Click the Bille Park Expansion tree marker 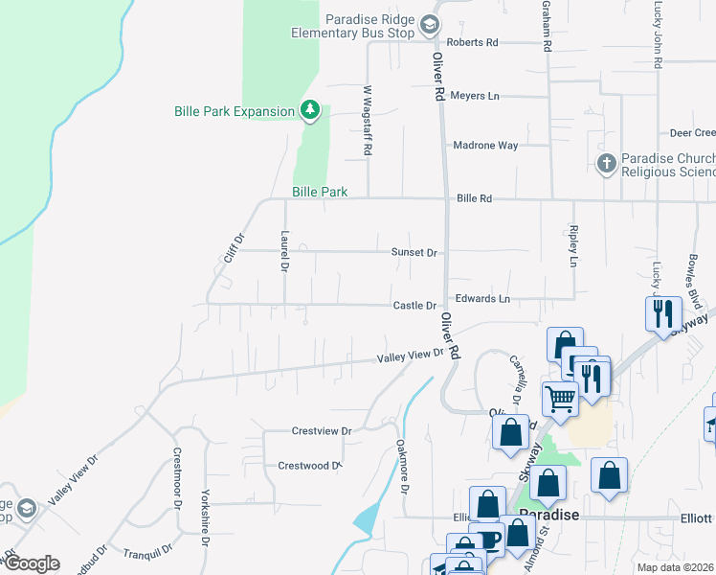pyautogui.click(x=309, y=111)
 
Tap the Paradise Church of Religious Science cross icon pyautogui.click(x=606, y=163)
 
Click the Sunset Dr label pyautogui.click(x=414, y=253)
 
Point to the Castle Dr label pyautogui.click(x=414, y=306)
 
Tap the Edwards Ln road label pyautogui.click(x=482, y=299)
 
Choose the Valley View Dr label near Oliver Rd pyautogui.click(x=411, y=355)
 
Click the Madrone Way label pyautogui.click(x=485, y=146)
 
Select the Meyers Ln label pyautogui.click(x=475, y=96)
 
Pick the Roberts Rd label pyautogui.click(x=473, y=43)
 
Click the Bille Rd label pyautogui.click(x=474, y=198)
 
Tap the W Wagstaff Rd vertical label pyautogui.click(x=367, y=120)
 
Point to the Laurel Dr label pyautogui.click(x=284, y=251)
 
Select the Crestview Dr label pyautogui.click(x=322, y=431)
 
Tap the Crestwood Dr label pyautogui.click(x=309, y=466)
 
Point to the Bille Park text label pyautogui.click(x=320, y=193)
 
